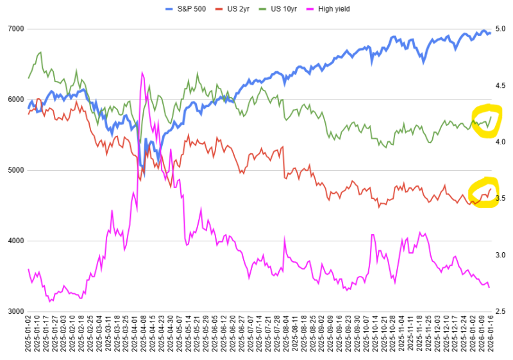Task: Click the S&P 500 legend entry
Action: pos(186,8)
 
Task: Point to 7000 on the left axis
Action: pos(15,30)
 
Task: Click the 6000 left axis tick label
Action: pos(15,99)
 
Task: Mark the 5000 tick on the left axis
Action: pos(15,170)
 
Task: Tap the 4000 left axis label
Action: pos(15,241)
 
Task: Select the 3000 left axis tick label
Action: pos(15,311)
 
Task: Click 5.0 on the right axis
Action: pos(501,30)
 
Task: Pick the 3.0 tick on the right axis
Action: pos(501,255)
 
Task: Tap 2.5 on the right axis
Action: pos(501,311)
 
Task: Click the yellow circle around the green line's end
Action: pos(486,121)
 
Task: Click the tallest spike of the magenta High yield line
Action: pos(141,73)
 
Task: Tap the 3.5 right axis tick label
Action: pos(501,198)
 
